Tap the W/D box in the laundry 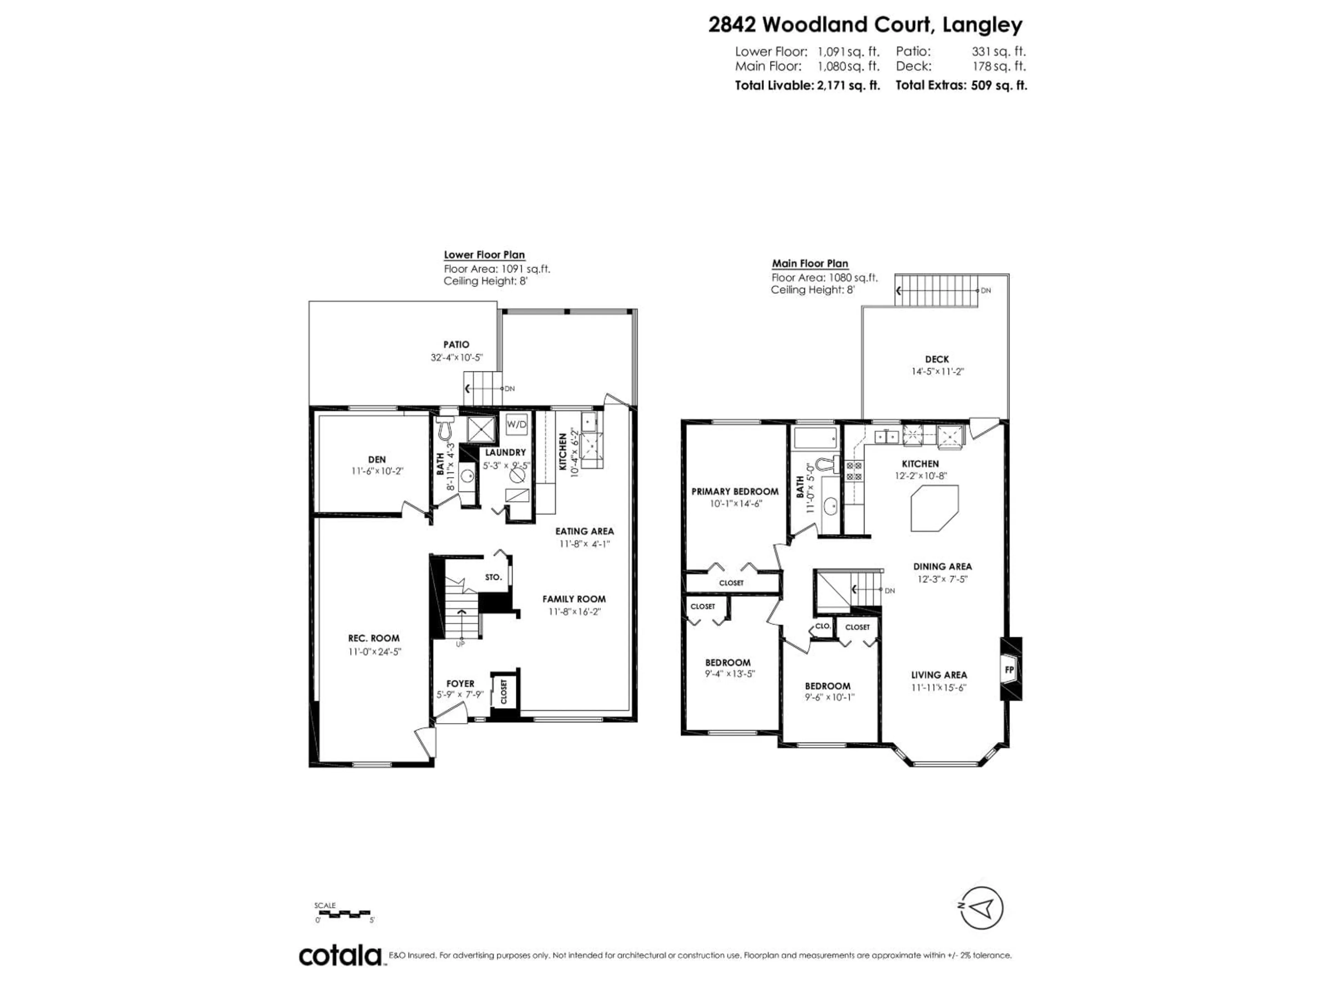pyautogui.click(x=516, y=424)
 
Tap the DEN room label pyautogui.click(x=377, y=460)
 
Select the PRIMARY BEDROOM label pyautogui.click(x=735, y=491)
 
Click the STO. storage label pyautogui.click(x=493, y=577)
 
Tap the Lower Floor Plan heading pyautogui.click(x=484, y=255)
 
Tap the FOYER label pyautogui.click(x=460, y=684)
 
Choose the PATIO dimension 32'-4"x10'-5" pyautogui.click(x=457, y=358)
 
